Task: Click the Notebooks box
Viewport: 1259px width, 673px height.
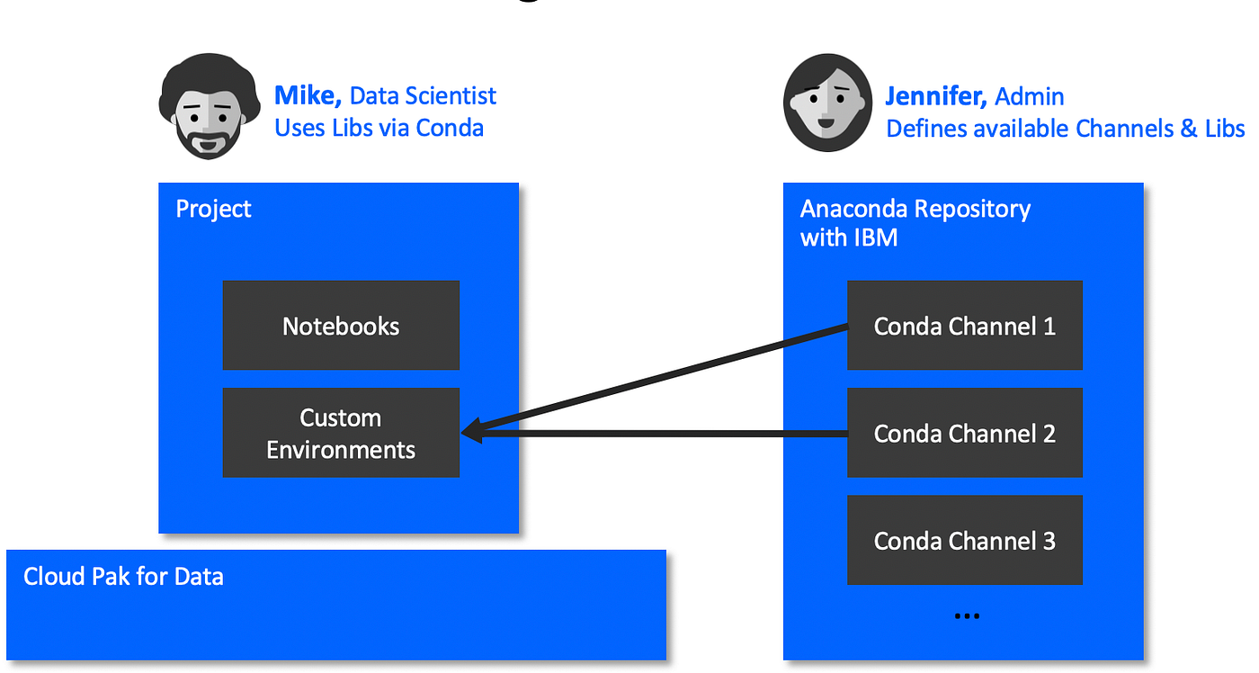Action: click(341, 326)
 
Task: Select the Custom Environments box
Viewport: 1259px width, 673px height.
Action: click(341, 433)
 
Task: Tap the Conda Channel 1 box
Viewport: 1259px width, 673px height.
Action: click(964, 326)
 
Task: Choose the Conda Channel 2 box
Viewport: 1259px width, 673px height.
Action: click(964, 433)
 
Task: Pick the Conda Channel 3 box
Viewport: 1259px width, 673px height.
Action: click(964, 541)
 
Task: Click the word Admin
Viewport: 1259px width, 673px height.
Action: click(1030, 97)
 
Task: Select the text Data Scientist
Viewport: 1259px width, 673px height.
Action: click(423, 96)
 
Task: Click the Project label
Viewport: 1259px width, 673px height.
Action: click(213, 209)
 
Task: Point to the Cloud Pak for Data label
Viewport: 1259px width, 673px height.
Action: click(123, 576)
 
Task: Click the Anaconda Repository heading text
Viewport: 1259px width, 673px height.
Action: click(915, 209)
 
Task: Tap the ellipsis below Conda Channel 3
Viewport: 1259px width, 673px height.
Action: click(965, 616)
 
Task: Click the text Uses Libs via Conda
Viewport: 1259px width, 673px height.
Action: click(379, 128)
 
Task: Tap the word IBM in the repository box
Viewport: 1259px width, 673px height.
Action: click(874, 238)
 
